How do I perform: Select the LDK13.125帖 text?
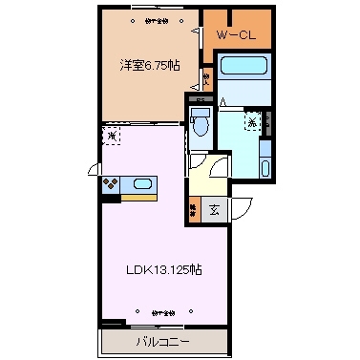coord(165,269)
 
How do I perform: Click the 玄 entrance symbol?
coord(215,209)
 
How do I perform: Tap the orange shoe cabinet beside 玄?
coord(194,209)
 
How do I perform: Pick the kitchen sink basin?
coord(142,184)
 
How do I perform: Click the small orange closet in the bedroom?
coord(206,78)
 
